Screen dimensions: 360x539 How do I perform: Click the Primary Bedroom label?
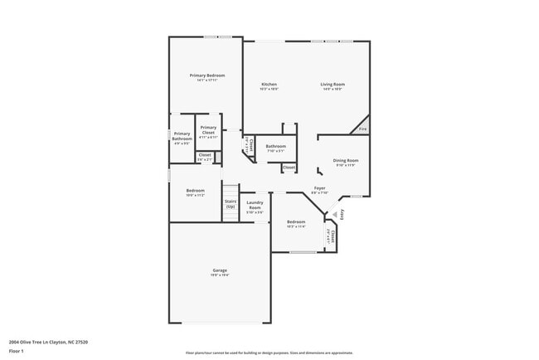point(206,75)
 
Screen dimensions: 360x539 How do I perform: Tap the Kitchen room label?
point(269,84)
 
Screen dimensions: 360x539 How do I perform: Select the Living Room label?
point(333,84)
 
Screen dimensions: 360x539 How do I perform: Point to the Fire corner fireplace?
point(362,129)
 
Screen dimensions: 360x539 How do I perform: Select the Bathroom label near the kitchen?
point(275,146)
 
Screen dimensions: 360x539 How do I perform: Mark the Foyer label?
point(319,188)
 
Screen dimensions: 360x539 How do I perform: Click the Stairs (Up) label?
point(231,203)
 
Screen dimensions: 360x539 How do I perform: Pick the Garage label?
point(220,270)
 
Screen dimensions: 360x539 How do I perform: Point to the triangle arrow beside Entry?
point(334,213)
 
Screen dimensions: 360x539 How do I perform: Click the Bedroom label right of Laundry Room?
point(296,221)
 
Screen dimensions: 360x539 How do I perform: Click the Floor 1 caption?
point(17,351)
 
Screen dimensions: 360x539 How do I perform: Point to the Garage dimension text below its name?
point(220,275)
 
